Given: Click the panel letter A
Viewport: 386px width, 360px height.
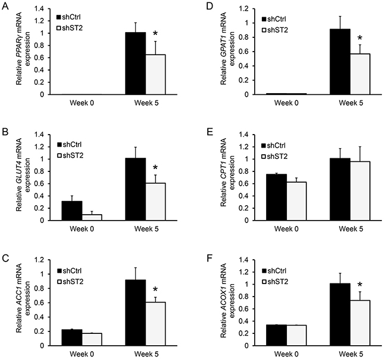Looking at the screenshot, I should tap(5, 7).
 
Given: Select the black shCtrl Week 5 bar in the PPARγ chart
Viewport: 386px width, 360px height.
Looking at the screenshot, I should tap(136, 63).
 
